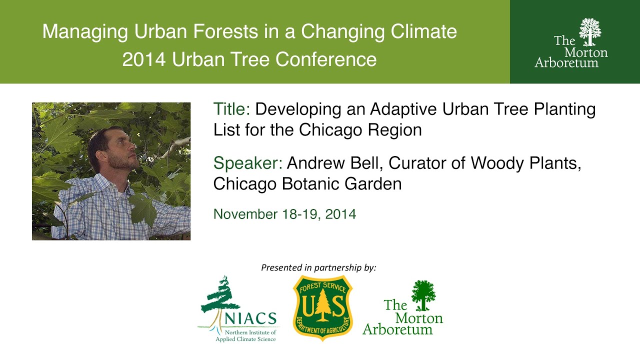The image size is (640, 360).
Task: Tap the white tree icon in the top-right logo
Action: coord(589,31)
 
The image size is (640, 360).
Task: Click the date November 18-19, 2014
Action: coord(284,214)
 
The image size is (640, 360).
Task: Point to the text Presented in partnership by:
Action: coord(318,268)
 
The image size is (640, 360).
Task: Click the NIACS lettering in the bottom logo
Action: coord(250,318)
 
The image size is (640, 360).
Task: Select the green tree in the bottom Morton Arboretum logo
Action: coord(423,294)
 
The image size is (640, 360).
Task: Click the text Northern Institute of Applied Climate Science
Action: coord(246,335)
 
